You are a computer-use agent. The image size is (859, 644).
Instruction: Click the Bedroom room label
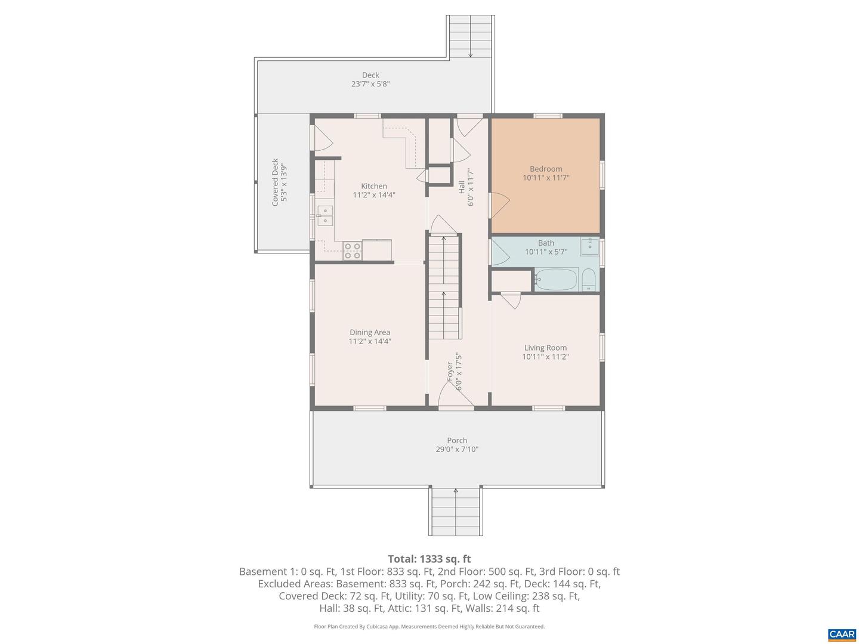(x=546, y=169)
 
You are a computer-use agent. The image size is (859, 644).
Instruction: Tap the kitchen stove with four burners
(x=352, y=251)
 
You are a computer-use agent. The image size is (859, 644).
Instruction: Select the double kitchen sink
(x=325, y=215)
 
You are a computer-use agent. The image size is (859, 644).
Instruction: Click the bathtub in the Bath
(x=556, y=279)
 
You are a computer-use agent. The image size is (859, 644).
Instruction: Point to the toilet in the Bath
(x=589, y=280)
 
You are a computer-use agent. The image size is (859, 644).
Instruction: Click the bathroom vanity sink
(x=589, y=245)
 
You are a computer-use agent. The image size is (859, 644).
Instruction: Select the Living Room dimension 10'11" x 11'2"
(x=545, y=357)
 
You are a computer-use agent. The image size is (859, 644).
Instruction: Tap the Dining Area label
(x=370, y=332)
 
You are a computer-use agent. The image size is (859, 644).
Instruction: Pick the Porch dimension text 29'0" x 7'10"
(x=457, y=450)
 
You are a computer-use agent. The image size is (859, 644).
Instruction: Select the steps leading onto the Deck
(x=471, y=36)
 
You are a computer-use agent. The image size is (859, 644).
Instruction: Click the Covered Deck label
(x=275, y=182)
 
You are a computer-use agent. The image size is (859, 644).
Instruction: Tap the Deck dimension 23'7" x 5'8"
(x=370, y=84)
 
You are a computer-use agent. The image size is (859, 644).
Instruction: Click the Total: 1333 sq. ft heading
(x=429, y=559)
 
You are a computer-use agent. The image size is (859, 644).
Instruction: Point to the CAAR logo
(x=842, y=634)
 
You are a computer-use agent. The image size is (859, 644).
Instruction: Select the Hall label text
(x=462, y=187)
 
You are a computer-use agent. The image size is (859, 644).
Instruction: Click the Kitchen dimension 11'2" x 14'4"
(x=374, y=195)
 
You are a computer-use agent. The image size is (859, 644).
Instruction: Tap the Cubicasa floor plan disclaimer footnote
(x=429, y=627)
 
